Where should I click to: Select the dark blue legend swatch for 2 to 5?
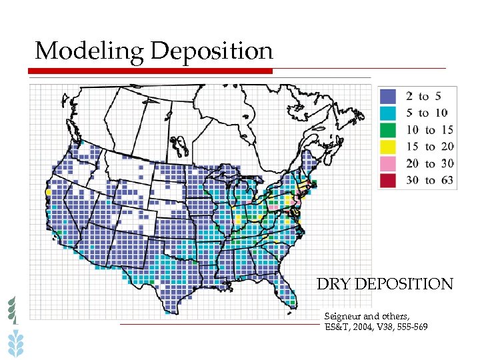(x=390, y=96)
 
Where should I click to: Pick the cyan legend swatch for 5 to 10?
(x=390, y=113)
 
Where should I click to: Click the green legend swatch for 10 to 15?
(x=390, y=129)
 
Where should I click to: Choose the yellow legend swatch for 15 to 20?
(x=390, y=146)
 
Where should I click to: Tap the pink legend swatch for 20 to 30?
(x=390, y=163)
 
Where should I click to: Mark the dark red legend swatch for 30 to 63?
(x=390, y=179)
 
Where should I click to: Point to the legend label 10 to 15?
(x=429, y=129)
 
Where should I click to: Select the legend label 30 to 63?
(x=429, y=179)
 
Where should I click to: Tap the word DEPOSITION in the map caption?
(x=405, y=285)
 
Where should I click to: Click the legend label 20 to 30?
(x=429, y=163)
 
